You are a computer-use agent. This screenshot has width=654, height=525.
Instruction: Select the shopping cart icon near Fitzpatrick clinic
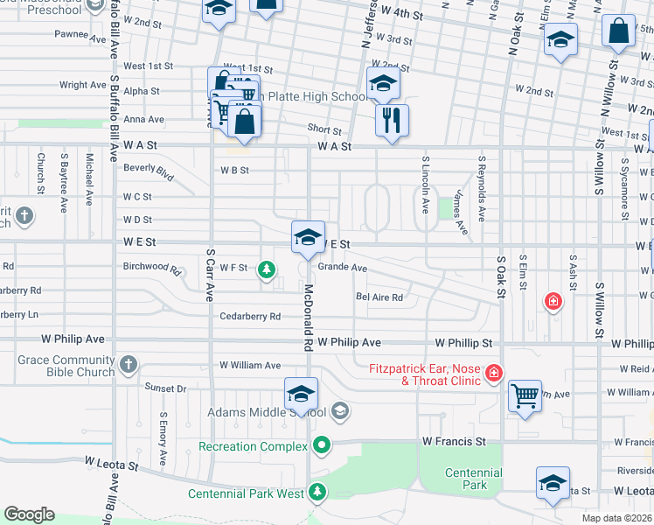[x=525, y=396]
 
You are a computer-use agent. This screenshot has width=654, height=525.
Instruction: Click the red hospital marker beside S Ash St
[x=553, y=302]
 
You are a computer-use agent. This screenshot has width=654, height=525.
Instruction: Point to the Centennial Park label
[x=473, y=479]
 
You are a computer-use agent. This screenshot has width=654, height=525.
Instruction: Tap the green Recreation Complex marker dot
[x=322, y=446]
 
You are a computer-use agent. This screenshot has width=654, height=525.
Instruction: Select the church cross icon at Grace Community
[x=129, y=364]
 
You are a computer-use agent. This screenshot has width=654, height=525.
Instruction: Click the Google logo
[x=29, y=514]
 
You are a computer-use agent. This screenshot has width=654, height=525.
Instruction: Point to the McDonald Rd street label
[x=308, y=317]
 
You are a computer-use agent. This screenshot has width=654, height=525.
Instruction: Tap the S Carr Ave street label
[x=210, y=276]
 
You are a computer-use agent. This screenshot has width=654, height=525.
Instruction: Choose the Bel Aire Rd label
[x=379, y=297]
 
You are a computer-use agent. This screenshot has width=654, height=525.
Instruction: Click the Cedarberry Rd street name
[x=250, y=316]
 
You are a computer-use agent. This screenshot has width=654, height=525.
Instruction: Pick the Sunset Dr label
[x=165, y=388]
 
